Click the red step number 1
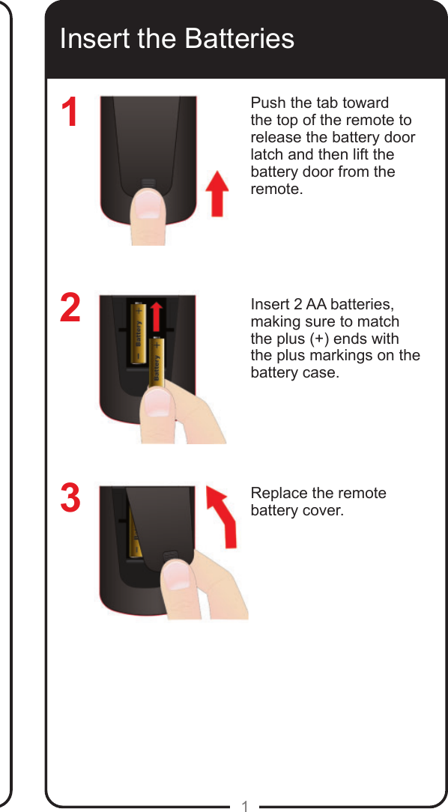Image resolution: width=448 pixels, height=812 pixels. pos(70,112)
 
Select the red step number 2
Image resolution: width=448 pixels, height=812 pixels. pos(70,308)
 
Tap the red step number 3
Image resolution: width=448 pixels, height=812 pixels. pos(70,498)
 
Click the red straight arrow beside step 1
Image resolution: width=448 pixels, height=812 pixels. pos(217,193)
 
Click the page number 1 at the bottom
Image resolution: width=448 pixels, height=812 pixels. pos(244,806)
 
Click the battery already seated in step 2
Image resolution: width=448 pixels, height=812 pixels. pos(139,332)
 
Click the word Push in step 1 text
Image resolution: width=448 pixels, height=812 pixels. pos(267,103)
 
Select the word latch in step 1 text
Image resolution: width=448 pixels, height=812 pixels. pos(267,154)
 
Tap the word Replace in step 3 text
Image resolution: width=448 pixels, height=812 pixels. pos(279,494)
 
